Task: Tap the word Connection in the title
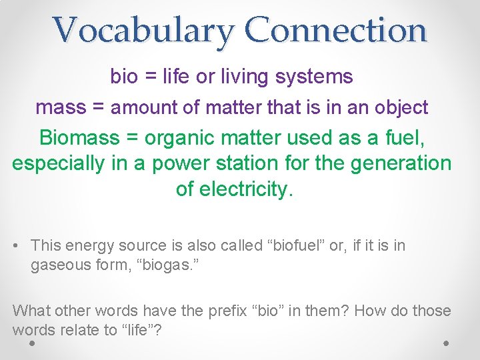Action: coord(335,31)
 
